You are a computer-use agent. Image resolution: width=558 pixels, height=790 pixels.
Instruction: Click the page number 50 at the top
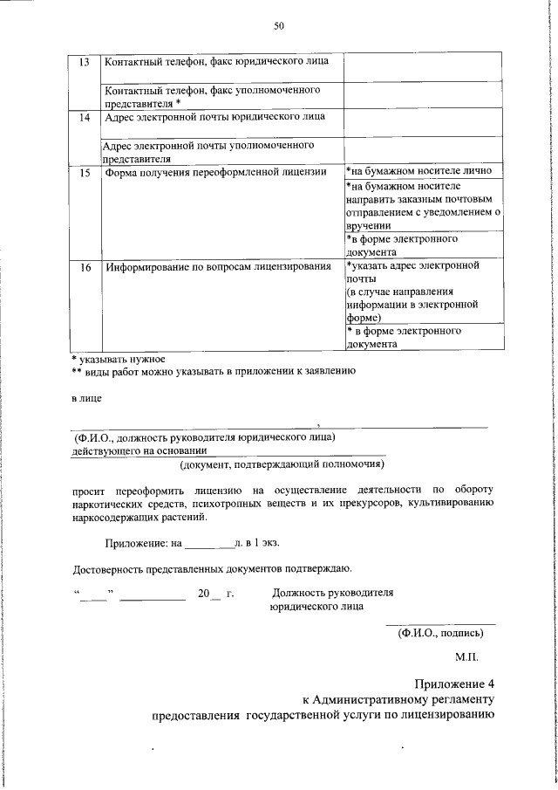[279, 26]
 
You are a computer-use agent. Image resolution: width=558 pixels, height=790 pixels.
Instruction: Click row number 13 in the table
[85, 62]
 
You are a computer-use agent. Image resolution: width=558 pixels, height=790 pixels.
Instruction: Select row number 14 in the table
[85, 117]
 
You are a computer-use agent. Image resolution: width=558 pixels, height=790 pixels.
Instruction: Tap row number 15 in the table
[85, 172]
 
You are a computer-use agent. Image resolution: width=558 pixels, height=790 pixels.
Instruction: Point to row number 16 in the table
[85, 266]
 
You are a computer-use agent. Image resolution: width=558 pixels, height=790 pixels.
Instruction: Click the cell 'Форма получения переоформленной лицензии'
[209, 172]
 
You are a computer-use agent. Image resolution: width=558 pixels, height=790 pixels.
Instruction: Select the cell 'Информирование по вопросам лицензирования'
[218, 266]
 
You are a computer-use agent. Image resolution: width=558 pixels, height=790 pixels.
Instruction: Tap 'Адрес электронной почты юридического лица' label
[215, 117]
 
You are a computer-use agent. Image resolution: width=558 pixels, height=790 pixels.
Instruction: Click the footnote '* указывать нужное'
[118, 359]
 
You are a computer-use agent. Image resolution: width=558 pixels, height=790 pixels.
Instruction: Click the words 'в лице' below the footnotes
[85, 400]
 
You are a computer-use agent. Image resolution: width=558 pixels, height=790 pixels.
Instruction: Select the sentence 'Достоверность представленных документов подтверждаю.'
[212, 571]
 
